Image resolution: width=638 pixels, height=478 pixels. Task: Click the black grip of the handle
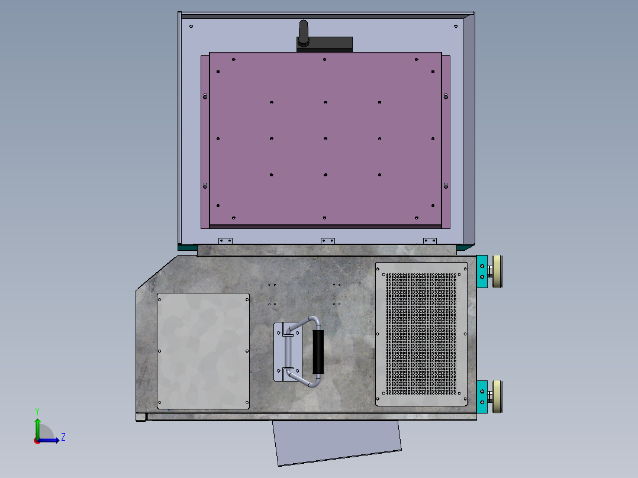tap(318, 353)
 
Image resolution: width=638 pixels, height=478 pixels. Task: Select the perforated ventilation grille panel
tap(422, 334)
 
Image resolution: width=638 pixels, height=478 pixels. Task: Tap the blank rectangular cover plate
tap(203, 351)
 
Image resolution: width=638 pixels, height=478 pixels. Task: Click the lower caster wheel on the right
tap(497, 396)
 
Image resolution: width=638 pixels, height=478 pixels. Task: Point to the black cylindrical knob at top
tap(304, 33)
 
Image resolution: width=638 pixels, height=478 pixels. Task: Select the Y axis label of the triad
tap(37, 411)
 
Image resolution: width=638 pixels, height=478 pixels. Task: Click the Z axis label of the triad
tap(63, 437)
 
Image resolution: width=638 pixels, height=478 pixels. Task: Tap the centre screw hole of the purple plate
tap(326, 139)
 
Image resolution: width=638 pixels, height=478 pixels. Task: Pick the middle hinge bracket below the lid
tap(327, 241)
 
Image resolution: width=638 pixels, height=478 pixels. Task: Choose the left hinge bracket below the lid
tap(225, 241)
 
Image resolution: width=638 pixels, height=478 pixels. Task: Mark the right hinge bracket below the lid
tap(430, 241)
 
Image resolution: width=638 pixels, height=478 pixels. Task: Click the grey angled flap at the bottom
tap(337, 443)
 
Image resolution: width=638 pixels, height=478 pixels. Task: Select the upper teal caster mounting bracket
tap(482, 272)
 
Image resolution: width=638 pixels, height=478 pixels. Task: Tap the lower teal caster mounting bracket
tap(482, 396)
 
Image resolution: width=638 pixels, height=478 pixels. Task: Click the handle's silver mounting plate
tap(279, 352)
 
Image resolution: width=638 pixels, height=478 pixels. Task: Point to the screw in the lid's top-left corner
tap(191, 26)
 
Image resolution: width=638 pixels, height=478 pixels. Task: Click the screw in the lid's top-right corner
tap(455, 26)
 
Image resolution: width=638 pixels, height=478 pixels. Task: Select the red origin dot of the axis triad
tap(37, 440)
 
